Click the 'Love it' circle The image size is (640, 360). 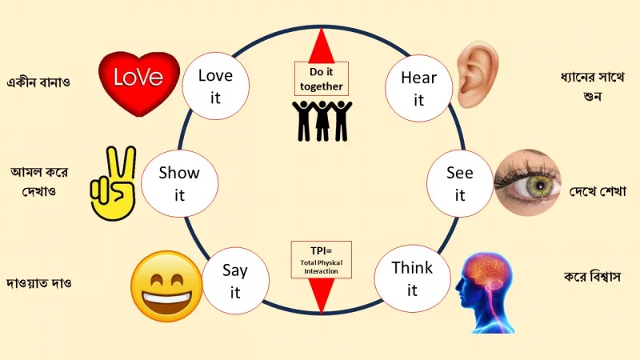[215, 86]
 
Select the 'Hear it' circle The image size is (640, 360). [418, 88]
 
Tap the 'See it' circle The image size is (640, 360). [460, 183]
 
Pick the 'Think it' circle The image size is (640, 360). [412, 278]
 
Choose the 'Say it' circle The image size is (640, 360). [235, 281]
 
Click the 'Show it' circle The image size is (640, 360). [179, 183]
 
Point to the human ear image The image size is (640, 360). [478, 74]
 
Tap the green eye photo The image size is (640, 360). [527, 182]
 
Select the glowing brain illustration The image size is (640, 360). [486, 292]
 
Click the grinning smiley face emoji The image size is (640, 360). [166, 286]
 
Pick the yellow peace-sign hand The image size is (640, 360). [114, 184]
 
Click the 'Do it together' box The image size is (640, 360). [322, 78]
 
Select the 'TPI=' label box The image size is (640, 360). [322, 259]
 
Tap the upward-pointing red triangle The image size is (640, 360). [322, 46]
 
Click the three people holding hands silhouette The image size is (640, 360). [322, 121]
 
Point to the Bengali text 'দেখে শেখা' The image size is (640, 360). [598, 190]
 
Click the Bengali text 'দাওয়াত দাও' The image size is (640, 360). [39, 283]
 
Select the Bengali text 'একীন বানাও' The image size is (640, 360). [38, 82]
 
